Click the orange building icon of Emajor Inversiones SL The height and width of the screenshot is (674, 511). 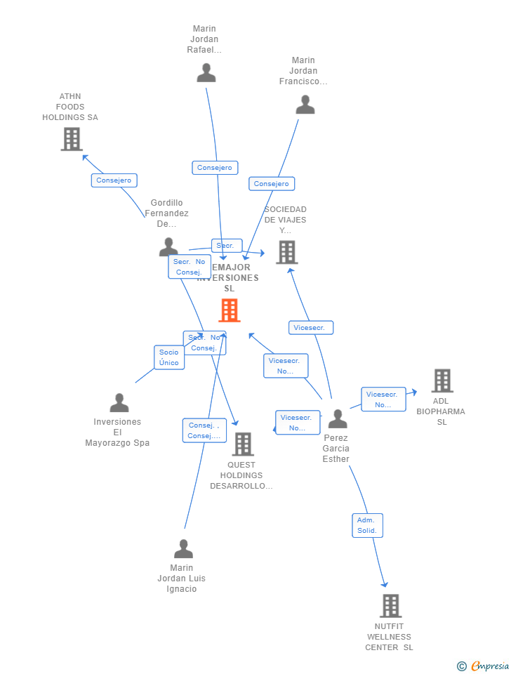coord(230,310)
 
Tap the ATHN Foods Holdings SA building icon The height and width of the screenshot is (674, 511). coord(72,139)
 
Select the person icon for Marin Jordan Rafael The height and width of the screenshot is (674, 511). coord(206,73)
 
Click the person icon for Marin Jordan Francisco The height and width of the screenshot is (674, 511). coord(305,105)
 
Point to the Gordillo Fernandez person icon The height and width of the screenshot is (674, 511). coord(168,246)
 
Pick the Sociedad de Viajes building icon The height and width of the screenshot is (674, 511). coord(286,252)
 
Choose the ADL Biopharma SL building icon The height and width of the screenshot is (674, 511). coord(442,381)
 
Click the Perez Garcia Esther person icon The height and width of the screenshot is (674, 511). coord(338,418)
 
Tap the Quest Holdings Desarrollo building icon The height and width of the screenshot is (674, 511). coord(243,444)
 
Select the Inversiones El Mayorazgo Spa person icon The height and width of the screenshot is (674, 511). coord(119,403)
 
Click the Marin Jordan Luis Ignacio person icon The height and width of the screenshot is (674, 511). coord(183,548)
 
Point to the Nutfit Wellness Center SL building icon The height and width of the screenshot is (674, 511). coord(390,605)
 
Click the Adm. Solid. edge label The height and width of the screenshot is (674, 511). coord(367,525)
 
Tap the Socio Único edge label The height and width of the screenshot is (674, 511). coord(169,357)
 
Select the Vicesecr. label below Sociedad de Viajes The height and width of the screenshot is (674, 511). coord(310,328)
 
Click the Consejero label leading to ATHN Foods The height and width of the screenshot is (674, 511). coord(114,180)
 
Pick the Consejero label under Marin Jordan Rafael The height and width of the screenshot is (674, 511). coord(215,168)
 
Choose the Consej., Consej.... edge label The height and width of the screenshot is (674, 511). coord(204,430)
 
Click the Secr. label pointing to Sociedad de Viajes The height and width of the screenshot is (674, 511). coord(226,246)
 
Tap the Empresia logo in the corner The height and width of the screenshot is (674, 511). coord(484,666)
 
